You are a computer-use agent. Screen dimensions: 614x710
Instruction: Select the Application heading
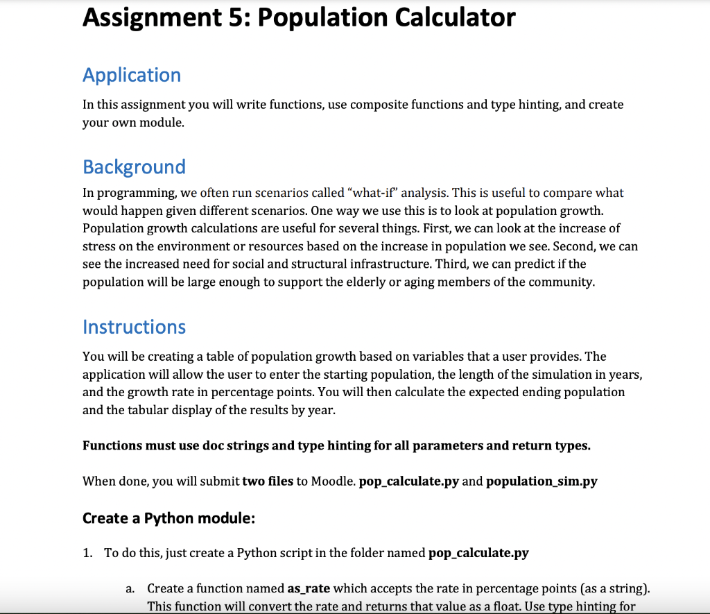(132, 75)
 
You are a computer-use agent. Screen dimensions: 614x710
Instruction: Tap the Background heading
(134, 167)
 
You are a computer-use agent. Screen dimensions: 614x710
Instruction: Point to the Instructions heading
(134, 327)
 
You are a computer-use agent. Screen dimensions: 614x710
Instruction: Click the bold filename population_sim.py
(542, 481)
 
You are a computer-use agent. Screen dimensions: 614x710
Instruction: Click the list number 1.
(87, 553)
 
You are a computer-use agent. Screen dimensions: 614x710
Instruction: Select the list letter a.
(130, 589)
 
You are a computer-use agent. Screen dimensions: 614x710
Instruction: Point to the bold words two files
(268, 481)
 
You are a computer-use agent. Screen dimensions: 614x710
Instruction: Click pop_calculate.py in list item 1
(479, 553)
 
